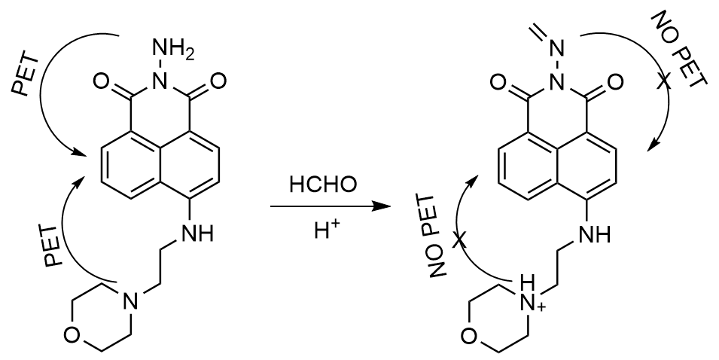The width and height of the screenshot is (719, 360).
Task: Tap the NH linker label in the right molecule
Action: coord(595,236)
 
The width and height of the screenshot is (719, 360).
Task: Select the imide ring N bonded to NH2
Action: coord(156,80)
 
